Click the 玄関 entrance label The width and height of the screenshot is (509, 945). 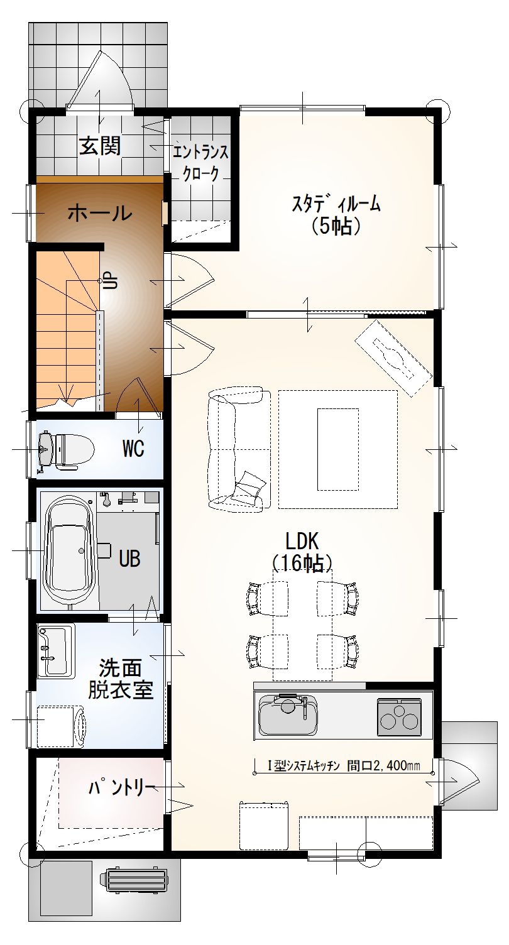101,146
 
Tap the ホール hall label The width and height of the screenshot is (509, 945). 100,213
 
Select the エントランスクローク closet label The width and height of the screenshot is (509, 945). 200,163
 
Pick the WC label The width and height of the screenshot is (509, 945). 133,449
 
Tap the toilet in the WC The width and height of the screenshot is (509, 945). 65,451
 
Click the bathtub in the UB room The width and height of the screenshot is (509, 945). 69,550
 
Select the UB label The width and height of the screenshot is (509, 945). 129,559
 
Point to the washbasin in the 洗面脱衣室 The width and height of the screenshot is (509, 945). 55,651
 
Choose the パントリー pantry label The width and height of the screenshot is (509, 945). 121,787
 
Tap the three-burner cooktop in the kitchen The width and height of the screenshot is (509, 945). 399,718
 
